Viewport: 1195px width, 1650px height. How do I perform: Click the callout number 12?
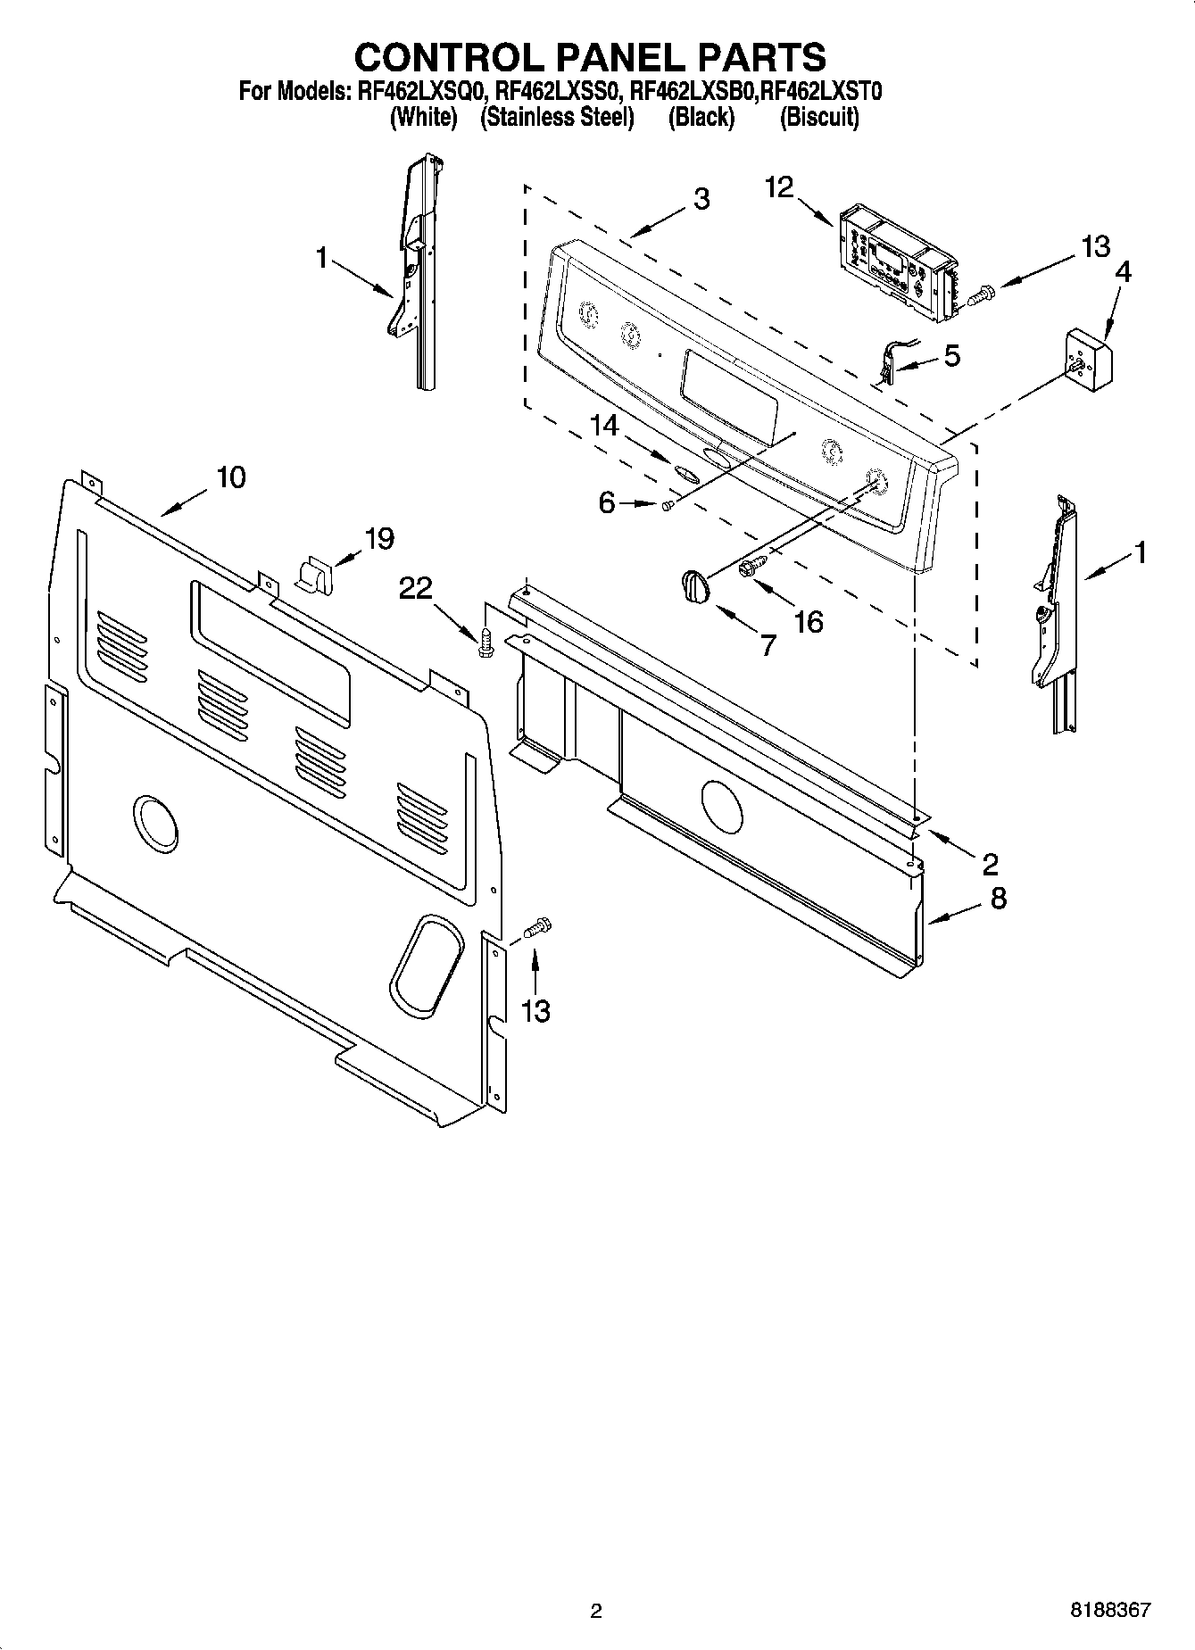pyautogui.click(x=778, y=188)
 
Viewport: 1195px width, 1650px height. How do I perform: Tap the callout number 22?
pyautogui.click(x=417, y=588)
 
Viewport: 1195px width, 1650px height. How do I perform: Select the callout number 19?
pyautogui.click(x=379, y=539)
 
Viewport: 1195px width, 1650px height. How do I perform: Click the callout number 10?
pyautogui.click(x=231, y=477)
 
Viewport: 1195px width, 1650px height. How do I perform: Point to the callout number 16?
pyautogui.click(x=809, y=622)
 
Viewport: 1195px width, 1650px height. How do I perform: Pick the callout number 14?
pyautogui.click(x=604, y=426)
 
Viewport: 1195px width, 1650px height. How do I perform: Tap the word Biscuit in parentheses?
pyautogui.click(x=818, y=118)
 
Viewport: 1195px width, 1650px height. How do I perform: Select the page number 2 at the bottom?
pyautogui.click(x=596, y=1611)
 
